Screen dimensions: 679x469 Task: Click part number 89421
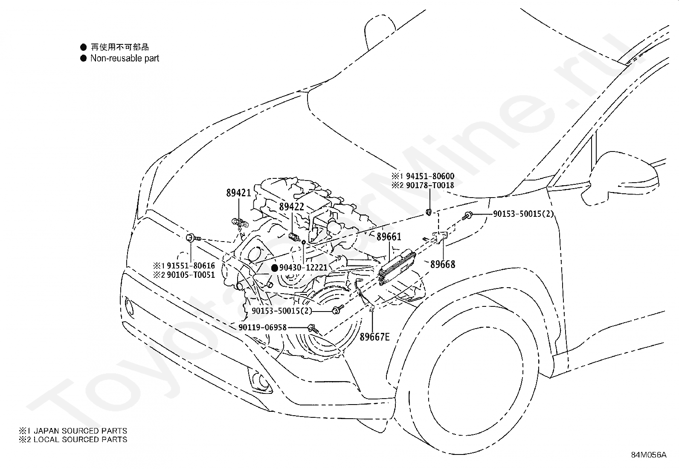(x=238, y=192)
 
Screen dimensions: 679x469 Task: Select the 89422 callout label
(x=291, y=207)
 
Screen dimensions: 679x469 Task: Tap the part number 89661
(x=389, y=236)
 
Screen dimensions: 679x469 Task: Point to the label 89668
(x=443, y=264)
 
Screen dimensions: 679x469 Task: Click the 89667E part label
(x=374, y=337)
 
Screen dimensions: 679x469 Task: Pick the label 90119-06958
(x=262, y=327)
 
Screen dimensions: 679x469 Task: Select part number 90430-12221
(x=303, y=267)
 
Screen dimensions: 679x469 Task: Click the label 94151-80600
(x=430, y=176)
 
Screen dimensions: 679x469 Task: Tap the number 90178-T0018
(x=430, y=185)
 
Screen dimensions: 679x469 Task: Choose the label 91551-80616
(x=191, y=266)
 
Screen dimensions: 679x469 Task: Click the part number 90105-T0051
(x=191, y=275)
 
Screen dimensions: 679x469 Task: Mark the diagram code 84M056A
(x=649, y=455)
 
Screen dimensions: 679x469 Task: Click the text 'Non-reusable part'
(x=125, y=58)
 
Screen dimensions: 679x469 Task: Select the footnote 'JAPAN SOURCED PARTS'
(x=80, y=431)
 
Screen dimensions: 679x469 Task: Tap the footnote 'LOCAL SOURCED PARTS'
(x=80, y=439)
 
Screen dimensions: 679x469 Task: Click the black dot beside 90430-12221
(x=275, y=268)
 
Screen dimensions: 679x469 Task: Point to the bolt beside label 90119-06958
(x=313, y=328)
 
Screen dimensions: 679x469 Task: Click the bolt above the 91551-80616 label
(x=193, y=238)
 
